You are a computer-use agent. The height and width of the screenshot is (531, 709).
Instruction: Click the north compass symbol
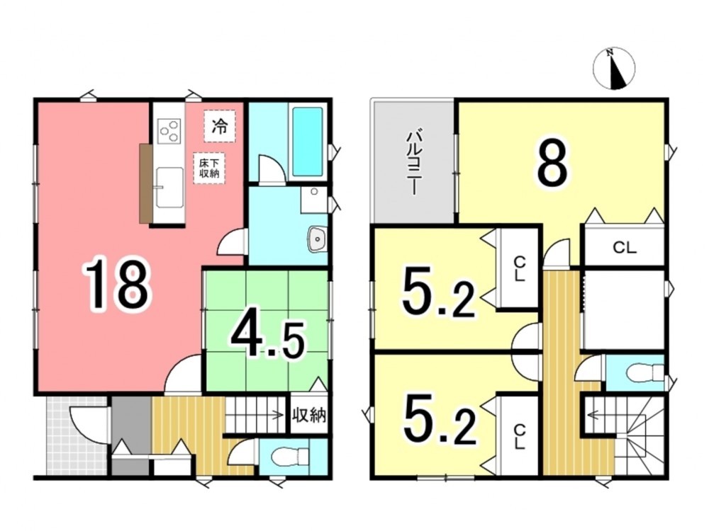[613, 68]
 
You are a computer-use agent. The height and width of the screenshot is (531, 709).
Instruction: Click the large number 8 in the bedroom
[552, 162]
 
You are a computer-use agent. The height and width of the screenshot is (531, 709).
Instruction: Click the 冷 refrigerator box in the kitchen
[220, 126]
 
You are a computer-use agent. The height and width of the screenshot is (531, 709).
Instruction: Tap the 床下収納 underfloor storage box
[209, 168]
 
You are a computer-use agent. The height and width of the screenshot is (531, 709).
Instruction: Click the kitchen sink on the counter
[169, 188]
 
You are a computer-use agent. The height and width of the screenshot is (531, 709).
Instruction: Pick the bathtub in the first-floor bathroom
[308, 142]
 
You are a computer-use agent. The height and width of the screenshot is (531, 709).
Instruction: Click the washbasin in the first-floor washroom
[318, 239]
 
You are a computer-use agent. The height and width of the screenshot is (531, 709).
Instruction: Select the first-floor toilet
[291, 457]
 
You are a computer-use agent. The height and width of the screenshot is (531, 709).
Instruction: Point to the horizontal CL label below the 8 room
[625, 247]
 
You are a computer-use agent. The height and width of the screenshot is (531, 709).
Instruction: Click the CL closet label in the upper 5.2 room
[520, 269]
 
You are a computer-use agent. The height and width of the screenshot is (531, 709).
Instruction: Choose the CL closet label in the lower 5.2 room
[520, 437]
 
